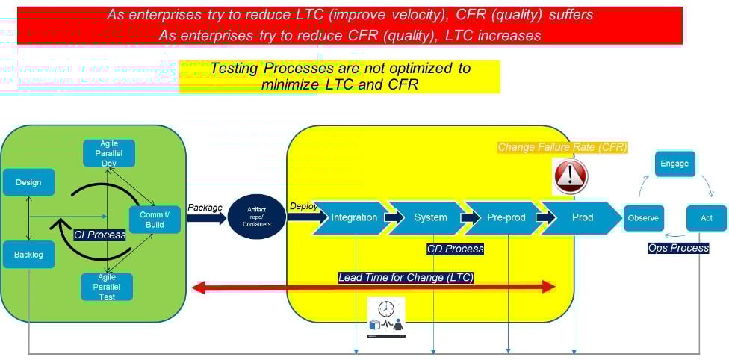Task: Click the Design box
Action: coord(28,182)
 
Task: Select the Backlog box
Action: coord(28,255)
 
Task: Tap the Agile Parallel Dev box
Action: coord(108,153)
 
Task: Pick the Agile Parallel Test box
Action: coord(107,286)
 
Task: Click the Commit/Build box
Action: coord(155,220)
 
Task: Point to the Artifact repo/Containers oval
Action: coord(256,217)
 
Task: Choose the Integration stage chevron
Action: coord(353,217)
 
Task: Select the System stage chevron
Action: coord(429,217)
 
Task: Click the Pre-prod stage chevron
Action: coord(506,217)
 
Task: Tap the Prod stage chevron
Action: coord(583,217)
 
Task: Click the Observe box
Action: coord(643,217)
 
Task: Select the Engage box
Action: coord(674,164)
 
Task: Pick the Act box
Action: coord(706,217)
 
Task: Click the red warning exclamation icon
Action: coord(571,177)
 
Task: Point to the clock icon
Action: coord(386,308)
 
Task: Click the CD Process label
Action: coord(455,249)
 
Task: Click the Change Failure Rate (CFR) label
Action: coord(562,147)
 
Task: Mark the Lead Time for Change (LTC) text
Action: coord(406,278)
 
